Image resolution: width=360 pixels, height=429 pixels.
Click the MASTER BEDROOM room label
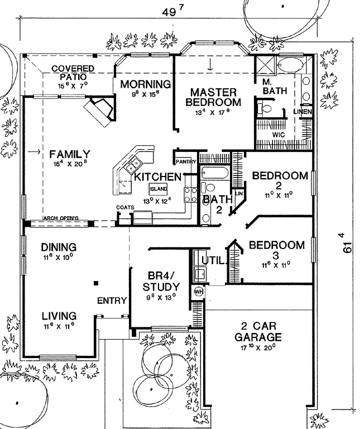coord(213,97)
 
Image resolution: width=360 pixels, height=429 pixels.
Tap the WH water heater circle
coord(199,292)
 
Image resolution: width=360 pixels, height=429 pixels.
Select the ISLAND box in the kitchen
coord(159,189)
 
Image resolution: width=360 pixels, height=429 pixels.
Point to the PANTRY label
coord(186,161)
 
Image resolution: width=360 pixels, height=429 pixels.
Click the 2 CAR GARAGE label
coord(258,332)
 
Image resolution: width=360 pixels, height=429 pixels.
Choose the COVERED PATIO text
coord(73,73)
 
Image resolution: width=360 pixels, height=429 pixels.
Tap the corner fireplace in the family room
coord(100,109)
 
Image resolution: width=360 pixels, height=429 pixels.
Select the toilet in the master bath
coord(265,107)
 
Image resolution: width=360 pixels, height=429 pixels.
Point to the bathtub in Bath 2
coord(214,173)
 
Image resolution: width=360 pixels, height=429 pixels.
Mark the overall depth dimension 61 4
coord(345,243)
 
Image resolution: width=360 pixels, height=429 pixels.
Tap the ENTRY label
coord(112,301)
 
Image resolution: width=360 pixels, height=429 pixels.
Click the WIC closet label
coord(279,135)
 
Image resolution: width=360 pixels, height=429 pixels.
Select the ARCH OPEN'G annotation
coord(61,218)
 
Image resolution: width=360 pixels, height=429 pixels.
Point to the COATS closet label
coord(125,207)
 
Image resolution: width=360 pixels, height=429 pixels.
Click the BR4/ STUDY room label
coord(161,281)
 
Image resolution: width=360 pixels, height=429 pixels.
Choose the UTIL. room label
coord(214,260)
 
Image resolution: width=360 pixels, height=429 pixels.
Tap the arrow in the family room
coord(34,151)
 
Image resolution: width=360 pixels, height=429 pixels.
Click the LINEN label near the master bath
coord(303,112)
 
